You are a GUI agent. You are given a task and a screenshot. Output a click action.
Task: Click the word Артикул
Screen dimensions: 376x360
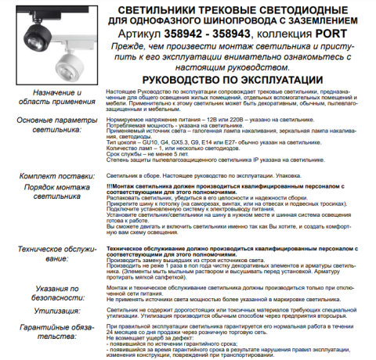pyautogui.click(x=140, y=36)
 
